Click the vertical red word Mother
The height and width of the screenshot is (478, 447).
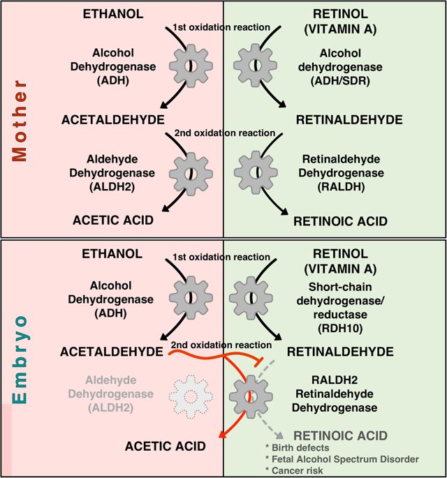[x=20, y=121]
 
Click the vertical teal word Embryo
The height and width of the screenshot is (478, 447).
[x=20, y=359]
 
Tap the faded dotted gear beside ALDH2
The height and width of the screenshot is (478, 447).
[x=191, y=396]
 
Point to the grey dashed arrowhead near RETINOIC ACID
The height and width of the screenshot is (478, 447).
[x=279, y=435]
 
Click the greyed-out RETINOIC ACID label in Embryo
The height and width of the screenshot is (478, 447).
[x=340, y=435]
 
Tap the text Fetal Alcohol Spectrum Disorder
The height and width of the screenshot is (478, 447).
[x=345, y=459]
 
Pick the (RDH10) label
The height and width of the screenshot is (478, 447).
[x=340, y=329]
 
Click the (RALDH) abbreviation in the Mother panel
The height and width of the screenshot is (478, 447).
[x=341, y=187]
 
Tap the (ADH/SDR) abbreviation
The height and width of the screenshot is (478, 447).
[x=340, y=81]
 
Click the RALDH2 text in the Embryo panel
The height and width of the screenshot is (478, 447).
[x=335, y=380]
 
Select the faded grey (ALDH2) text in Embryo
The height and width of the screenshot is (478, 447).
[x=111, y=408]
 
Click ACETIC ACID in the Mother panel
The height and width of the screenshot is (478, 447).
[x=113, y=220]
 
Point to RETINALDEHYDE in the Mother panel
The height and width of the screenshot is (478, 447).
[x=349, y=120]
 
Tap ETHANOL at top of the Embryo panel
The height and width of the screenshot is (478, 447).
[x=112, y=253]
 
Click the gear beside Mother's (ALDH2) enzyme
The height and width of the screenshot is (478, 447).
[x=191, y=174]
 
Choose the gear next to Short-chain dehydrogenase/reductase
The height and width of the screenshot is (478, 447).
[x=251, y=298]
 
